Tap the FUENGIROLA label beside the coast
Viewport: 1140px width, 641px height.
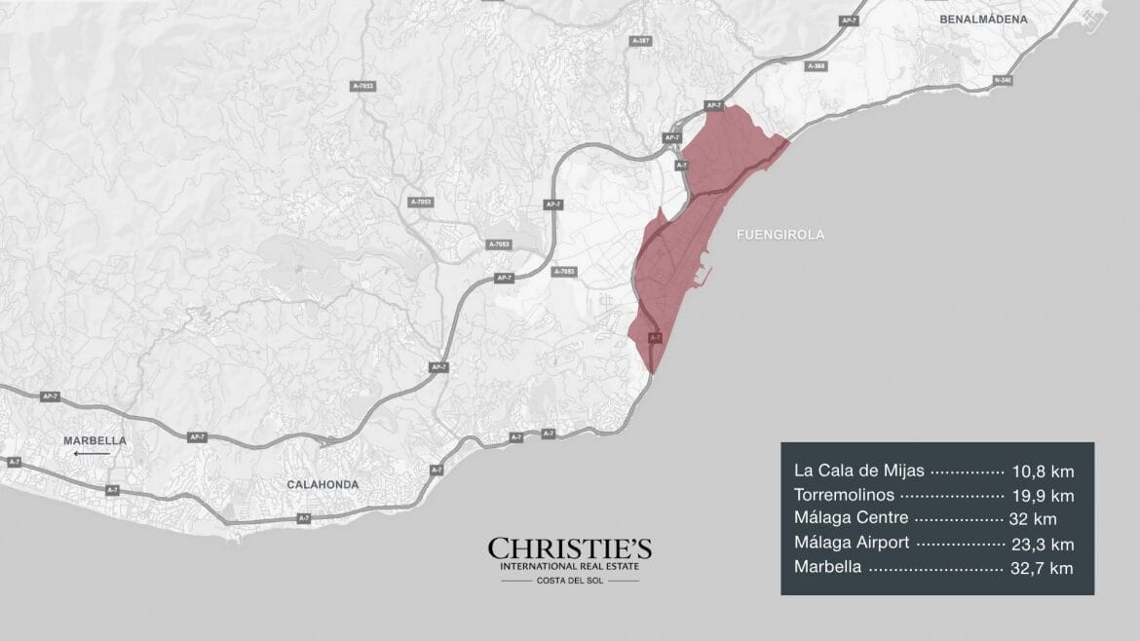click(x=780, y=235)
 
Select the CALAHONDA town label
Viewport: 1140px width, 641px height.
click(x=323, y=484)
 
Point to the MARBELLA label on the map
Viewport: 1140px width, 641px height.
click(x=95, y=440)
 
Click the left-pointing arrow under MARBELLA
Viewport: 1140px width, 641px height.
click(x=93, y=453)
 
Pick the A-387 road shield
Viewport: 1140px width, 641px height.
click(x=640, y=41)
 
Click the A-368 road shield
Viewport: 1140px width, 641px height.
click(x=817, y=65)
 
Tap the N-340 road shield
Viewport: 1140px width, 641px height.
click(x=1003, y=80)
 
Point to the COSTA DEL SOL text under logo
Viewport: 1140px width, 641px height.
click(x=570, y=581)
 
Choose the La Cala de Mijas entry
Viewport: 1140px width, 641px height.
click(x=859, y=471)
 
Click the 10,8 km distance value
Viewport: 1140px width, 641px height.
click(x=1043, y=471)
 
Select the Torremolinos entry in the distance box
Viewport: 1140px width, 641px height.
click(x=842, y=495)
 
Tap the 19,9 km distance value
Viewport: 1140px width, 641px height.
click(x=1043, y=495)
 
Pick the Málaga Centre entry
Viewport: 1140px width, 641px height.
click(x=851, y=519)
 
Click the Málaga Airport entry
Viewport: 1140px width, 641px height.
click(x=852, y=543)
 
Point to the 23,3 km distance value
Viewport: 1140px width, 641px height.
click(x=1043, y=544)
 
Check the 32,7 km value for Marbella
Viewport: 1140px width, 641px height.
click(x=1043, y=567)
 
